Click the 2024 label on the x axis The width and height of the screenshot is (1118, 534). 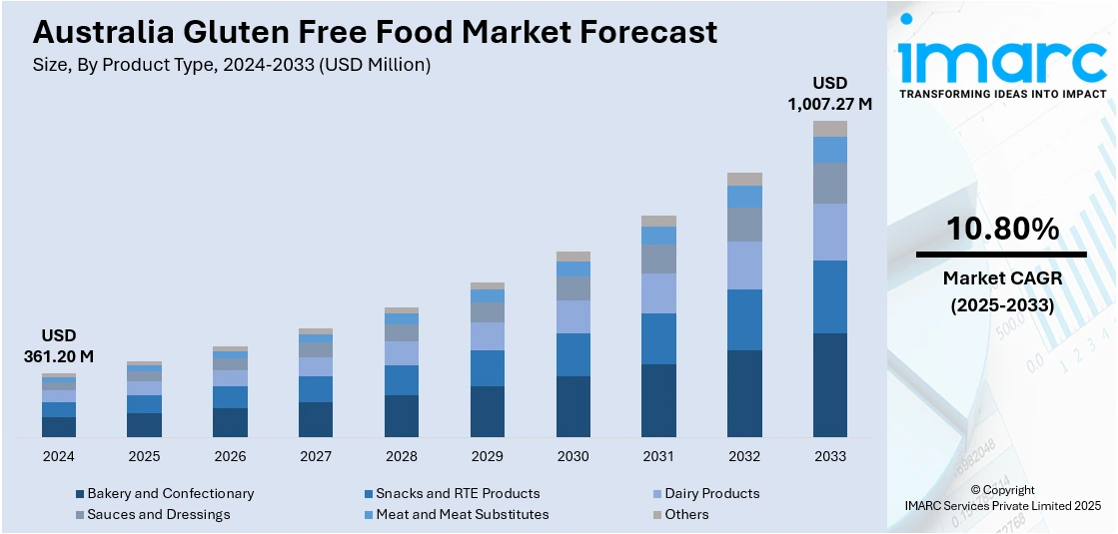pos(59,456)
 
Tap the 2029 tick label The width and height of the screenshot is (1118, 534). pos(488,456)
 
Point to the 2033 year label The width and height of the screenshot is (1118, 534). pos(829,456)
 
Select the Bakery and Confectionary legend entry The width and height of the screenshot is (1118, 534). pos(170,493)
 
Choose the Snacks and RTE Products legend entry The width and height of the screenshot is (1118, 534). pos(458,493)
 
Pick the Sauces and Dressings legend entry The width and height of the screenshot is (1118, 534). pos(158,514)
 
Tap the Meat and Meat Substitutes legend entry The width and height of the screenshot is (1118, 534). pos(462,514)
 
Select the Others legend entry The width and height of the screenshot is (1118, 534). pos(686,514)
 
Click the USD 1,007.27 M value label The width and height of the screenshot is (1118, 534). pos(829,93)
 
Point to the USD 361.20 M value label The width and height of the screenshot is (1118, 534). pos(59,345)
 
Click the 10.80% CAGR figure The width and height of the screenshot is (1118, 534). pos(1002,230)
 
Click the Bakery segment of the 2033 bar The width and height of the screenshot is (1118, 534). pos(829,385)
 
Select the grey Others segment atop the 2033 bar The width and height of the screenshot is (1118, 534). pos(829,129)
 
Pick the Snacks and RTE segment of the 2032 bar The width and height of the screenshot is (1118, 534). pos(744,319)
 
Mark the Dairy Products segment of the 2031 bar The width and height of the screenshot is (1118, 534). pos(658,293)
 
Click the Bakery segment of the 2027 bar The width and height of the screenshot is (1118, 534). pos(316,419)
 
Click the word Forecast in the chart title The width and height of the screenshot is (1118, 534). pos(649,32)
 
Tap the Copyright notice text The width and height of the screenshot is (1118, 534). pos(1002,497)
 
